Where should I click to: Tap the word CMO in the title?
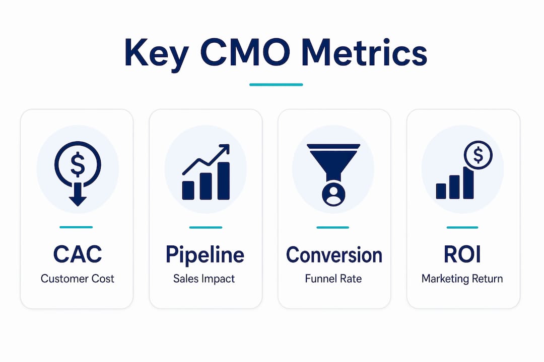tap(245, 53)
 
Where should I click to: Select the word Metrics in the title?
tap(364, 53)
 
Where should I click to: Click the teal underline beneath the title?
tap(276, 84)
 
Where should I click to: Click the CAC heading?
tap(78, 254)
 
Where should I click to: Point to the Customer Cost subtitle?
tap(78, 279)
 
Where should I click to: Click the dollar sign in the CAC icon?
tap(78, 164)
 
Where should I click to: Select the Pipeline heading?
tap(205, 255)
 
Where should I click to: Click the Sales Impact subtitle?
tap(204, 279)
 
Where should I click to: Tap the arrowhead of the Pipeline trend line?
tap(225, 149)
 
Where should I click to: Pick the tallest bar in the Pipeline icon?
tap(224, 181)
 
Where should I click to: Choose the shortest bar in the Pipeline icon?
tap(188, 190)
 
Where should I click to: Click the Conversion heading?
tap(334, 255)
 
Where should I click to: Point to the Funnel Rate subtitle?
tap(333, 279)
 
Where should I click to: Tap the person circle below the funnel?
tap(334, 195)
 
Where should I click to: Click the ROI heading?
tap(462, 254)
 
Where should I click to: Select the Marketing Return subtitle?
tap(462, 279)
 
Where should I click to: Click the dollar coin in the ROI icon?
tap(478, 155)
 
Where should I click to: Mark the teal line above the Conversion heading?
tap(333, 228)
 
